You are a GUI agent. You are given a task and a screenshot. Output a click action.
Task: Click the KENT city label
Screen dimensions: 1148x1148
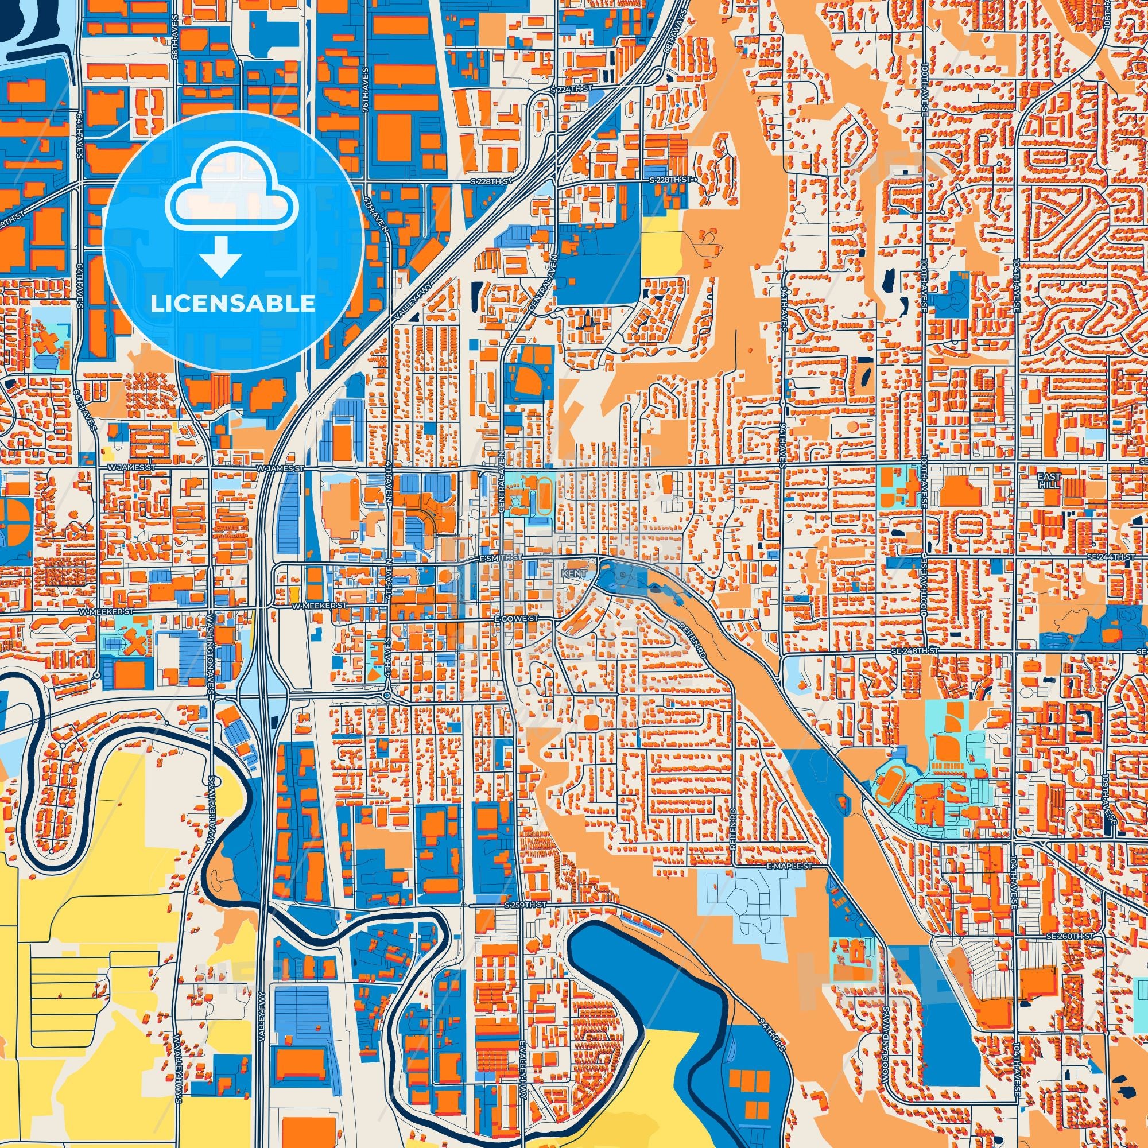tap(574, 574)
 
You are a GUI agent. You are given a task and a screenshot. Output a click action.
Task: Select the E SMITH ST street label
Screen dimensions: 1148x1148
tap(501, 559)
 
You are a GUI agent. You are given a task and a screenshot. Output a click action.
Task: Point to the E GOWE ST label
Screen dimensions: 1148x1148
tap(517, 619)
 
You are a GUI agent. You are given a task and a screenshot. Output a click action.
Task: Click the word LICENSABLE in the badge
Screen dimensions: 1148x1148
tap(232, 304)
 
